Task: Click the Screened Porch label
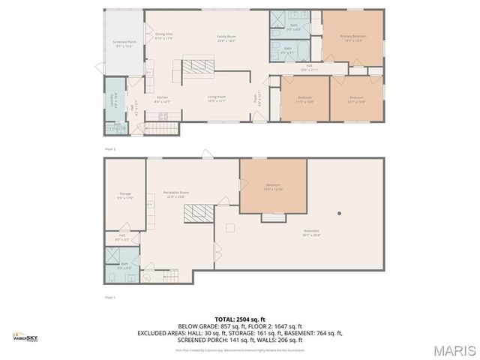[124, 43]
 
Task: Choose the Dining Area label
[164, 35]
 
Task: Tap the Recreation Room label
[178, 194]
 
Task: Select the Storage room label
[124, 195]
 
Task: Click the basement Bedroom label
[273, 186]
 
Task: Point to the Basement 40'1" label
[311, 232]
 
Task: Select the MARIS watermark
[453, 349]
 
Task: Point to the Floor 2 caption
[110, 149]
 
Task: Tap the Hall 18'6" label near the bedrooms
[309, 67]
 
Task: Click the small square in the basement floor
[231, 227]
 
